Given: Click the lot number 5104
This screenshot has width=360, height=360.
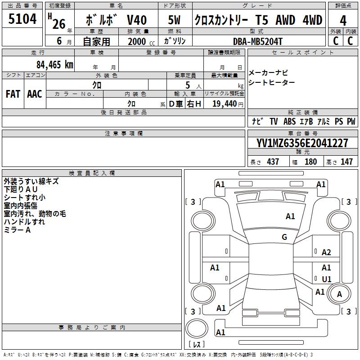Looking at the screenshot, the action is [22, 20].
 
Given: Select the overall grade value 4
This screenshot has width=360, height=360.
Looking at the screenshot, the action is [343, 20].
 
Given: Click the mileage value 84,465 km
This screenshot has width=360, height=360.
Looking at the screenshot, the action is [54, 65].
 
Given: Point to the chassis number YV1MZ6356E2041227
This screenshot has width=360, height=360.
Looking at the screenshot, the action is [302, 143].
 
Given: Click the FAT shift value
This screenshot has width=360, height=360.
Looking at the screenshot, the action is [13, 94].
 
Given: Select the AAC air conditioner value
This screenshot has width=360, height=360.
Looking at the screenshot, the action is [35, 94].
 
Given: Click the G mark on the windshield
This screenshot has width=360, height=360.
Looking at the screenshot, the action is [284, 237].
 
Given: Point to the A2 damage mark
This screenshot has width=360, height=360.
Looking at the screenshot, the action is [326, 252].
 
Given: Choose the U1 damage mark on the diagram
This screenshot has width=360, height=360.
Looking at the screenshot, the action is [326, 279].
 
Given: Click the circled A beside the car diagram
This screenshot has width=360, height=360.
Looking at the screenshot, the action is [340, 294].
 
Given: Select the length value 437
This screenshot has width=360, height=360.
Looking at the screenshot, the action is [273, 162].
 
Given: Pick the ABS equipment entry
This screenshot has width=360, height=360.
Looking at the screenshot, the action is [289, 121].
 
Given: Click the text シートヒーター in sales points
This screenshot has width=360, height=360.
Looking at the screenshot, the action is [272, 82].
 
